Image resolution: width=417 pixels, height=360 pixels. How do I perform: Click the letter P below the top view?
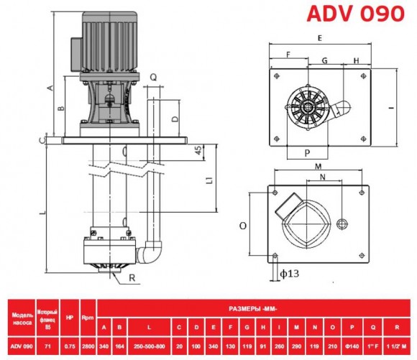[306, 153]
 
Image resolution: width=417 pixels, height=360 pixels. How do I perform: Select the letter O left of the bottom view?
[243, 225]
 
